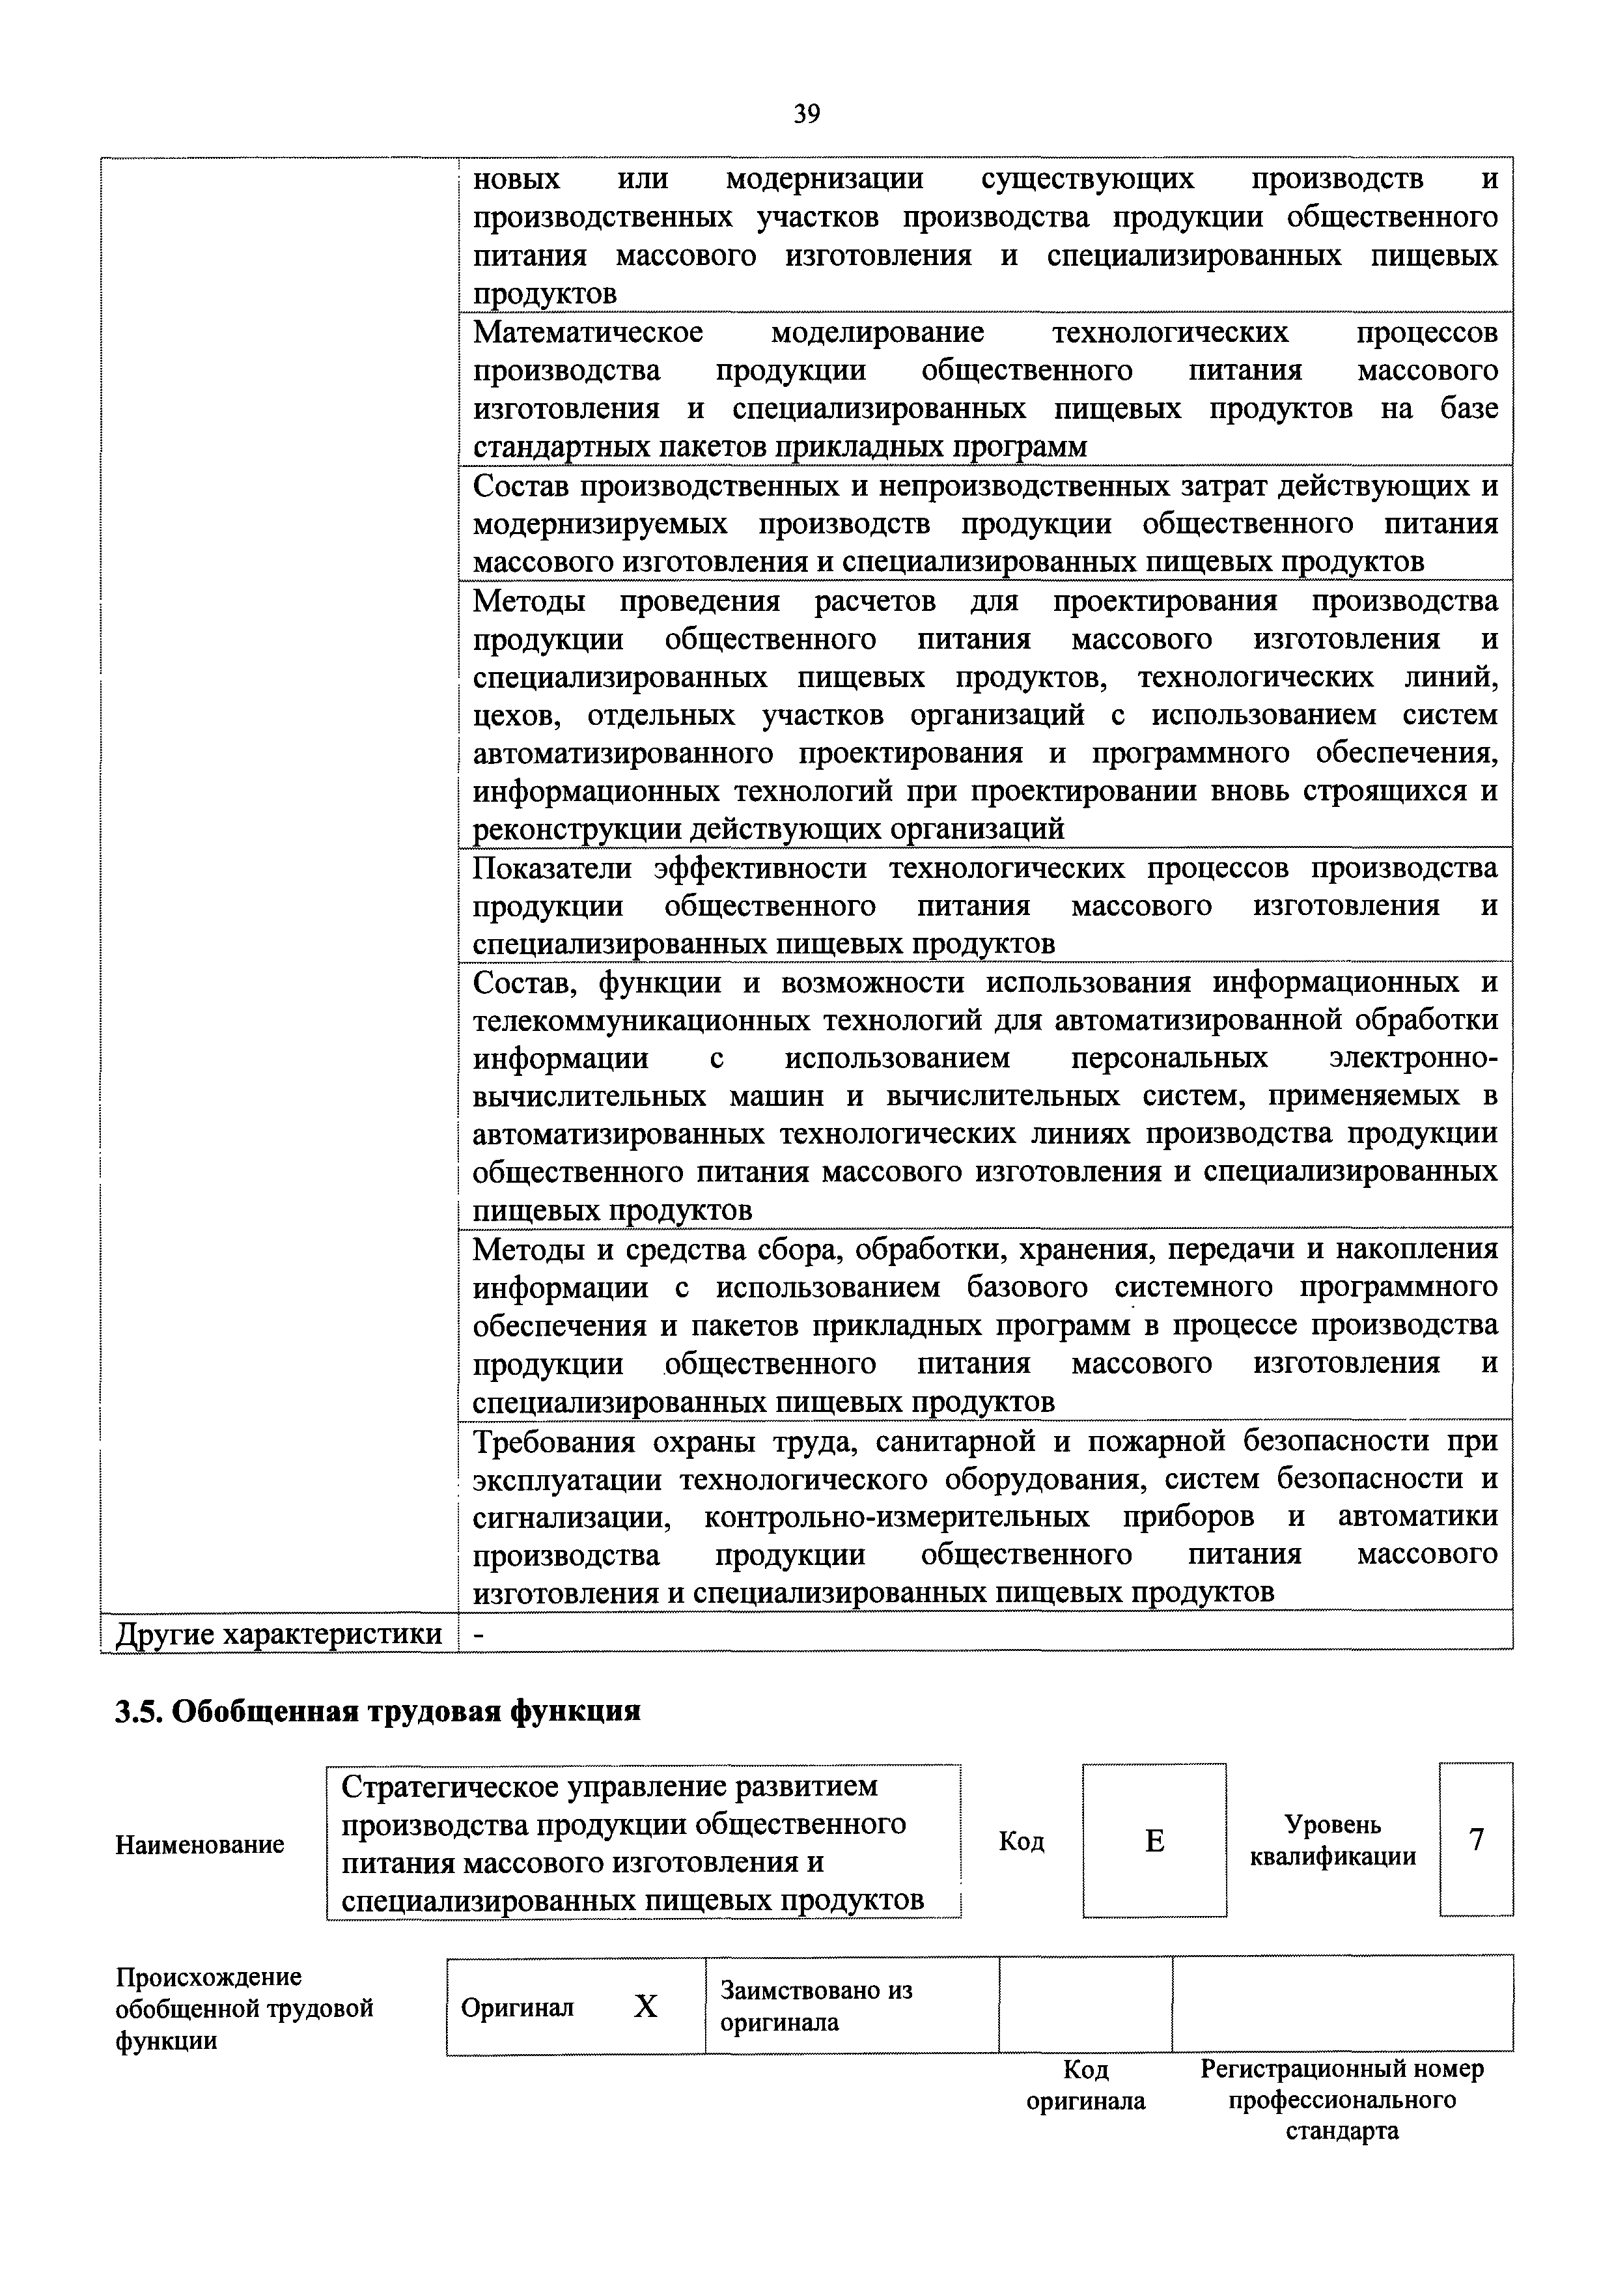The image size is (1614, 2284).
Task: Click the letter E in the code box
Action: pos(1154,1841)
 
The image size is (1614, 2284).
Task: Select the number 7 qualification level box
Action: pos(1476,1840)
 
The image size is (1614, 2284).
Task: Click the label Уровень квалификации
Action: pos(1333,1840)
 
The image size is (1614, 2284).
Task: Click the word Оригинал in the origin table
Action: pos(517,2007)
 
